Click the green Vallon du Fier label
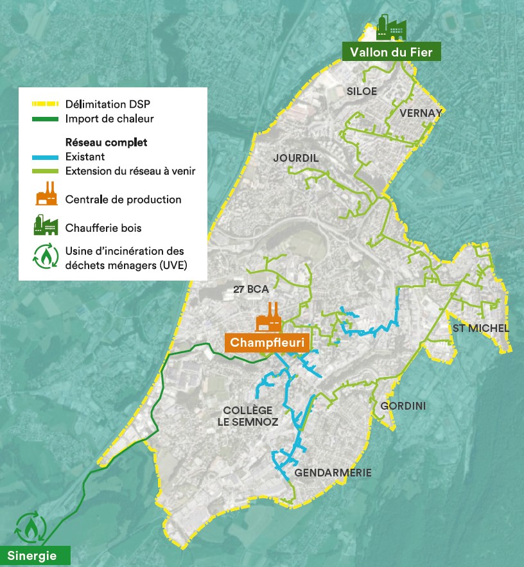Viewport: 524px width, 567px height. (x=391, y=52)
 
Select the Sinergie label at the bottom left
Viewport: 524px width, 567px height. (x=32, y=555)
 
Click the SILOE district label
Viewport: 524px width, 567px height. (x=362, y=91)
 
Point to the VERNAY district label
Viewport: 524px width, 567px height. (x=421, y=113)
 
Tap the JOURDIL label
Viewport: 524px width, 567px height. (x=295, y=158)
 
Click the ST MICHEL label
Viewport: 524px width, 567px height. (x=480, y=329)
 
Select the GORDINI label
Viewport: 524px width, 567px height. (x=403, y=406)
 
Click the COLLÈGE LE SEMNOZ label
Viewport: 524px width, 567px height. (x=250, y=416)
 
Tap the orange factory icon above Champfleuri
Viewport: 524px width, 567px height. (x=270, y=317)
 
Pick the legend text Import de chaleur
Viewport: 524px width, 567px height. (x=109, y=118)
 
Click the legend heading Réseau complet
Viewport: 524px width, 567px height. (x=106, y=143)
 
